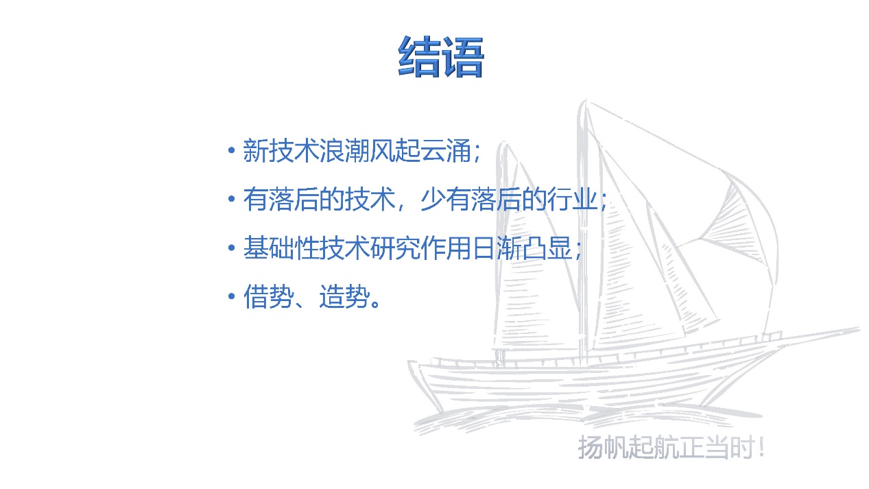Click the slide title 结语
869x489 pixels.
coord(441,56)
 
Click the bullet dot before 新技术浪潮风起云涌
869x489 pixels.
coord(232,150)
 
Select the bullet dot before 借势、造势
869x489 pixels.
coord(232,296)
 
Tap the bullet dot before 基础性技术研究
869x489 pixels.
coord(232,248)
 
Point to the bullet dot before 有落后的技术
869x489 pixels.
coord(232,199)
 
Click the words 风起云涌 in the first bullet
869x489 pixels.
coord(420,150)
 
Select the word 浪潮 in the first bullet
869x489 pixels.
coord(344,150)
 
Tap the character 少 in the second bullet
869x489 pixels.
coord(433,199)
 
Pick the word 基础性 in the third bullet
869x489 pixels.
coord(281,248)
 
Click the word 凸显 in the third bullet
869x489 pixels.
coord(547,248)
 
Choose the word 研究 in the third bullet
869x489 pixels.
coord(395,248)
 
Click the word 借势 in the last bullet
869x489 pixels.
coord(268,296)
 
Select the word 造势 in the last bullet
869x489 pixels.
coord(344,296)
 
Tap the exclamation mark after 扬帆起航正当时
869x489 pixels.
coord(761,447)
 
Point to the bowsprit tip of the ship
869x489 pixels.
coord(859,329)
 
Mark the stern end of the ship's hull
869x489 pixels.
coord(409,362)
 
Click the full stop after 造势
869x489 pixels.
coord(376,303)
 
